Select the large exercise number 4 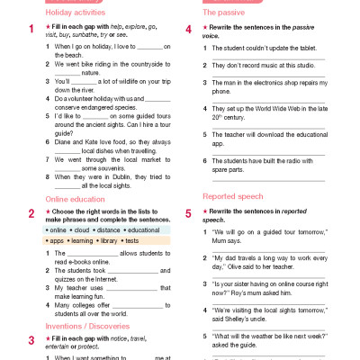tap(188, 30)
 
